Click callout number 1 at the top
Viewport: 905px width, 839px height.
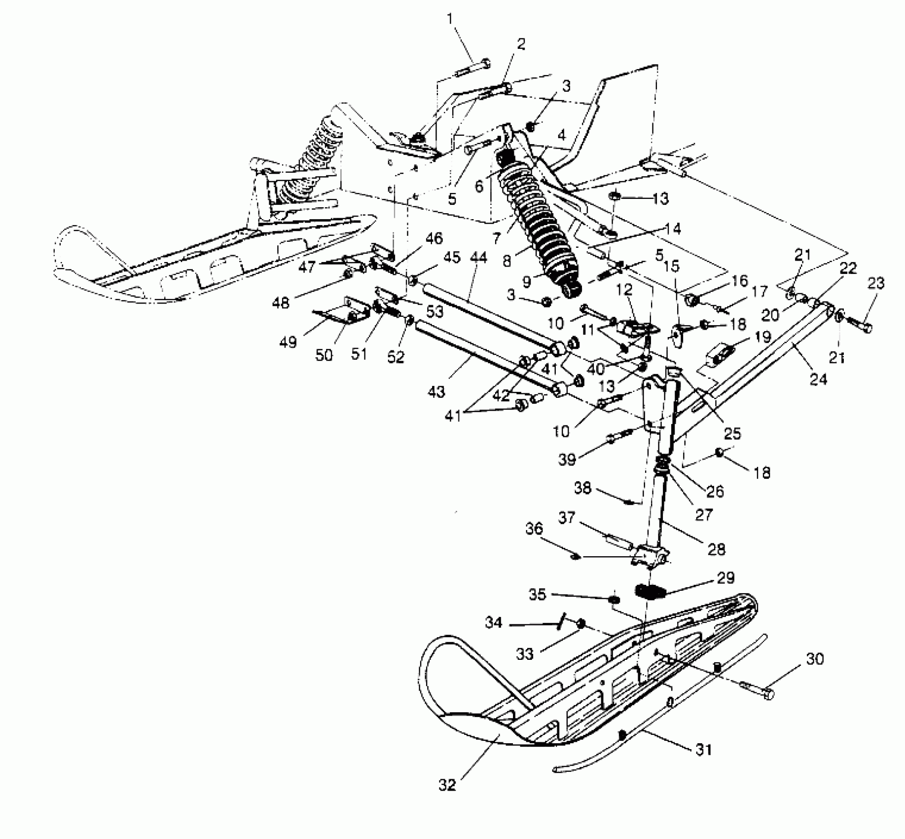click(x=449, y=19)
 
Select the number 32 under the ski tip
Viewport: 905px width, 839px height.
click(x=447, y=785)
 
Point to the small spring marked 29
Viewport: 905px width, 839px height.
click(x=650, y=591)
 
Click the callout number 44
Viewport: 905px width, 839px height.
click(x=478, y=257)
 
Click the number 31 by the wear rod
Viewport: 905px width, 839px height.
click(x=704, y=750)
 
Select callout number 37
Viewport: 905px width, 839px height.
click(x=567, y=518)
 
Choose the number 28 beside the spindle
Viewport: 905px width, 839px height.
click(x=716, y=549)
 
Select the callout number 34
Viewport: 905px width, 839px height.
click(x=493, y=623)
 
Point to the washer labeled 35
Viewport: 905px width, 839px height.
click(x=614, y=599)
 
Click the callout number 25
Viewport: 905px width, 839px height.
click(x=732, y=433)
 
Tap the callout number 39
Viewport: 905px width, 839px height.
click(x=567, y=459)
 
